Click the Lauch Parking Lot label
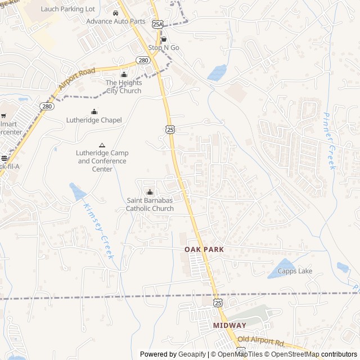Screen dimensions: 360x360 click(x=68, y=9)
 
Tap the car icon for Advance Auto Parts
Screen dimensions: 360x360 click(x=115, y=13)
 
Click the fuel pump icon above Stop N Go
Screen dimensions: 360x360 click(x=164, y=39)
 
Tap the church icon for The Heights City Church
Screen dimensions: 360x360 click(x=124, y=74)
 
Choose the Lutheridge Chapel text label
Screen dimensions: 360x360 click(x=94, y=120)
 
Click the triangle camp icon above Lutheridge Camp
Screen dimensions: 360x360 click(x=102, y=145)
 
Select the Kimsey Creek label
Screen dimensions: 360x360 click(x=98, y=231)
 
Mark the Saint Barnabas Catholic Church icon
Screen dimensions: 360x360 click(x=149, y=191)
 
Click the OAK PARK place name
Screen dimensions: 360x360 click(x=204, y=249)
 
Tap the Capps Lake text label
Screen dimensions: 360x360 click(x=295, y=271)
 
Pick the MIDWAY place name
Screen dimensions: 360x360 click(x=229, y=326)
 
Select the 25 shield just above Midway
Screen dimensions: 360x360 click(x=218, y=303)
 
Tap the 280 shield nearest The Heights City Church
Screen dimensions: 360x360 click(x=143, y=61)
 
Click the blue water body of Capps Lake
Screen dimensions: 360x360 click(x=281, y=269)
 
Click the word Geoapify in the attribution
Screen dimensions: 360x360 click(x=192, y=354)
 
